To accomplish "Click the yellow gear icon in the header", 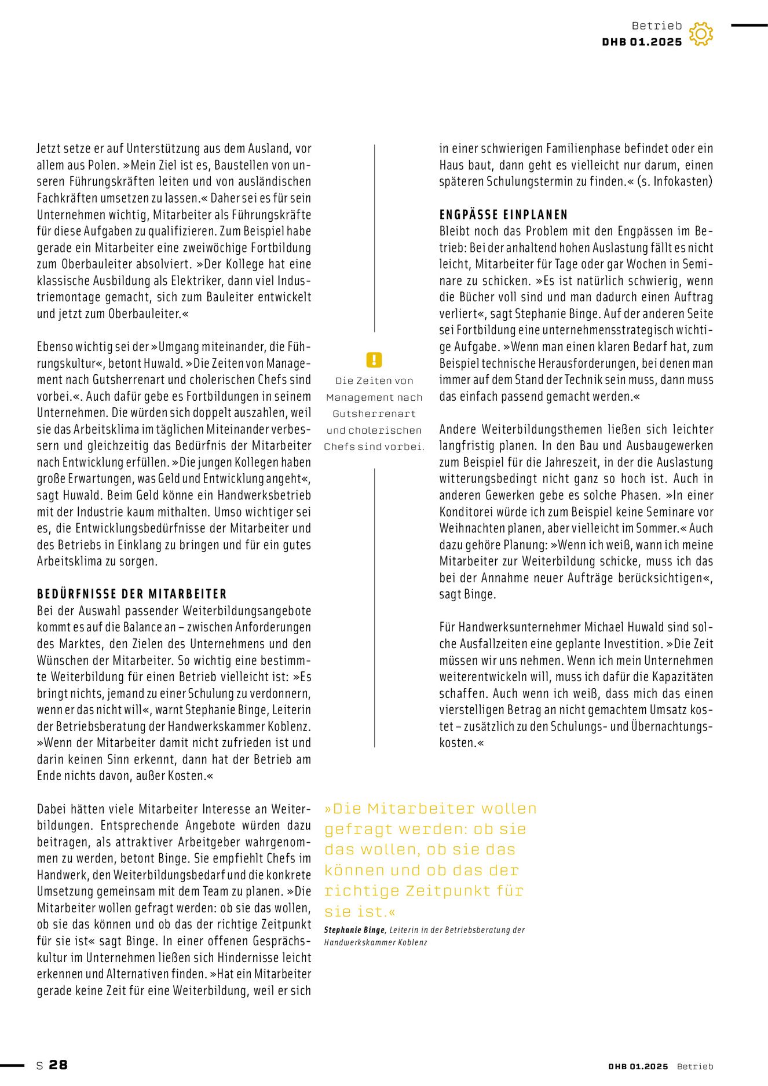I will [701, 34].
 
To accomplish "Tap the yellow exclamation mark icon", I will [374, 360].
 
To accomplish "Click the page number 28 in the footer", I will [58, 1065].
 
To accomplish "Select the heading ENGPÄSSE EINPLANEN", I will [503, 215].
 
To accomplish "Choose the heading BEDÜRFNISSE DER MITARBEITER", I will [132, 594].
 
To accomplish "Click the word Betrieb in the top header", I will [657, 25].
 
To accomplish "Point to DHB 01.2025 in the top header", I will [642, 42].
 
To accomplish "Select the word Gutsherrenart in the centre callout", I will [374, 414].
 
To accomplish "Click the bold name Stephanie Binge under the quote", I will [354, 930].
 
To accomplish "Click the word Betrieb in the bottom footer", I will [695, 1066].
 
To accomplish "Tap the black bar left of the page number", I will [12, 1065].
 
